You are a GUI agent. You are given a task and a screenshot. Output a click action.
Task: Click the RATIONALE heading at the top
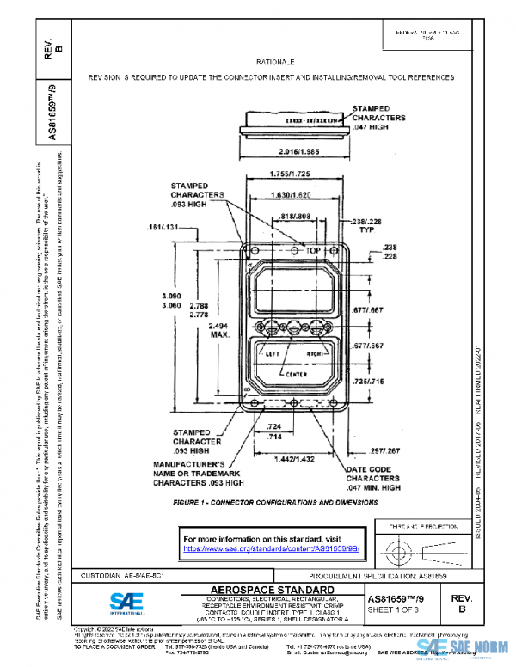[x=275, y=63]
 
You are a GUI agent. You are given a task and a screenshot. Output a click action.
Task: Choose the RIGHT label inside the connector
[x=317, y=353]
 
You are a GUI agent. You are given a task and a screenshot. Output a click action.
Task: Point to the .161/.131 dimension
[x=163, y=228]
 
